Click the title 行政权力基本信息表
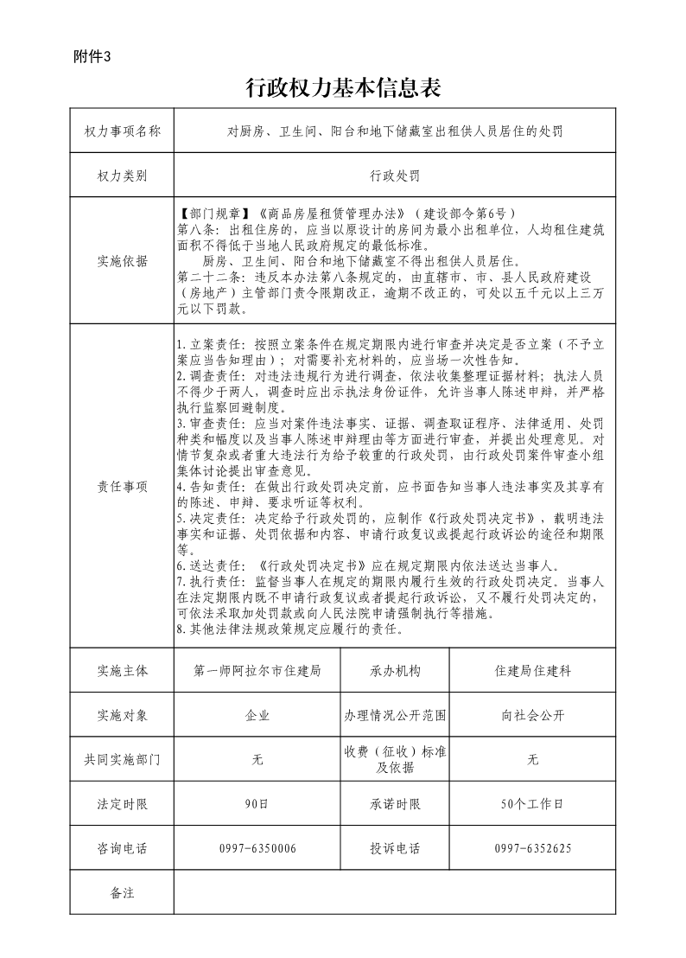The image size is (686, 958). [x=343, y=88]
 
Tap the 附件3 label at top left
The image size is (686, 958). [x=93, y=57]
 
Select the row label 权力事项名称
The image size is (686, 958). [x=122, y=131]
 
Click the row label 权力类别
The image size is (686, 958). [x=122, y=176]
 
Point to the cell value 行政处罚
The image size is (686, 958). [x=394, y=176]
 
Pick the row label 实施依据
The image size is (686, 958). [x=122, y=261]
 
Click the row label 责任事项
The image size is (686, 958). [x=122, y=486]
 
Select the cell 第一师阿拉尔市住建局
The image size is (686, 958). [x=257, y=671]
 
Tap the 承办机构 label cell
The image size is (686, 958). [x=395, y=671]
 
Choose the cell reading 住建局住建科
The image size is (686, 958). [x=532, y=671]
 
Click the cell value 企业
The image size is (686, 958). [x=257, y=716]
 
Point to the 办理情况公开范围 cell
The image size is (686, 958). [x=395, y=716]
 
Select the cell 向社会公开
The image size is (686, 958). [x=532, y=716]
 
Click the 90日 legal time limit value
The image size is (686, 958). [x=257, y=804]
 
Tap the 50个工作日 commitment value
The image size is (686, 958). [x=532, y=804]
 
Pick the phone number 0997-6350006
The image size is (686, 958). [x=257, y=849]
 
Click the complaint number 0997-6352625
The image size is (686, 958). [x=532, y=849]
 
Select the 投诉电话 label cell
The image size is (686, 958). [x=395, y=849]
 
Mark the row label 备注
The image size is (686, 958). [x=122, y=892]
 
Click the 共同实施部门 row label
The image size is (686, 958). [x=122, y=760]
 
